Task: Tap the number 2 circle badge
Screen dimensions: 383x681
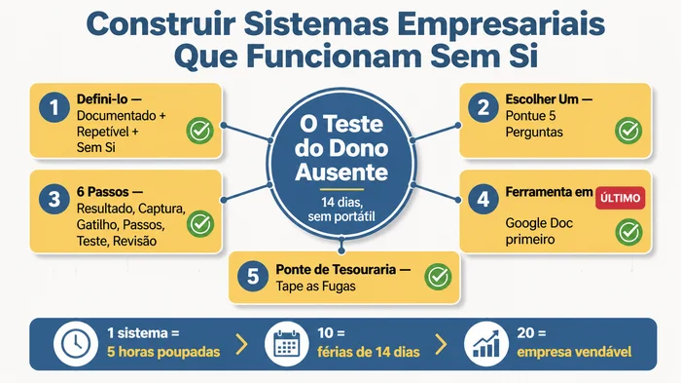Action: (x=482, y=106)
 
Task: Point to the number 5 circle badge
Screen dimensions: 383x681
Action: (x=253, y=276)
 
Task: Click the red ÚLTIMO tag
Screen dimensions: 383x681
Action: (x=619, y=198)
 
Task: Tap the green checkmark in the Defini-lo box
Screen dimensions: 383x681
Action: (x=200, y=131)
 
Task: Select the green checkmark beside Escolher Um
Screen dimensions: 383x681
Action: (x=627, y=131)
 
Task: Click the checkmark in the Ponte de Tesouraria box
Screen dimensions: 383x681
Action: (x=438, y=276)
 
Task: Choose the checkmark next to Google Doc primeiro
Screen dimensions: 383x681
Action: (x=629, y=232)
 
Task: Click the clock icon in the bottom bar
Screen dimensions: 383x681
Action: (x=73, y=344)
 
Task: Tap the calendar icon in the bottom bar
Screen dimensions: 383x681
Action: (x=286, y=344)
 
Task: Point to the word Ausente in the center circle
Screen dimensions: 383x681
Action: (x=340, y=173)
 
